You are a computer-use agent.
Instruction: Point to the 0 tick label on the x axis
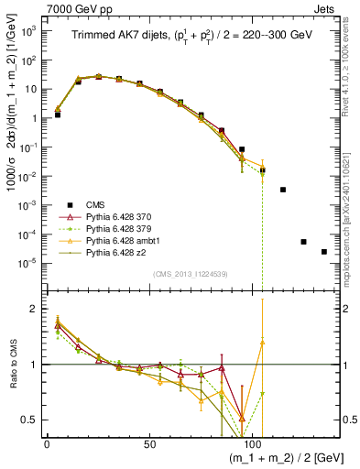coord(47,443)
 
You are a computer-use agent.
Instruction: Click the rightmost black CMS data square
coord(324,252)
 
